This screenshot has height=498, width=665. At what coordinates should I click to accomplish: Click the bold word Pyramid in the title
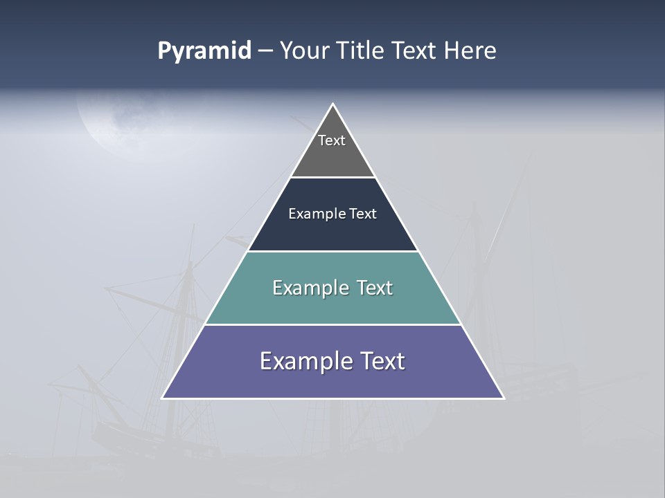[204, 51]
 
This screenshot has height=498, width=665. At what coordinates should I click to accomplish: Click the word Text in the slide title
[415, 51]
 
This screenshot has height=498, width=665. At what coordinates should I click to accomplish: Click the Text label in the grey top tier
[332, 140]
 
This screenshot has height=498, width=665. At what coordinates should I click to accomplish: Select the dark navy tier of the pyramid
[332, 232]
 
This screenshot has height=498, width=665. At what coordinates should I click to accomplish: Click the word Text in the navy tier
[363, 214]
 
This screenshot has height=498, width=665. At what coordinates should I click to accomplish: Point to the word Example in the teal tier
[310, 288]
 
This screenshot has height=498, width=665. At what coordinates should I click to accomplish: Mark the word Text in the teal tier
[375, 288]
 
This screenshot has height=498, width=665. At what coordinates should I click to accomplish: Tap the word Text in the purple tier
[380, 361]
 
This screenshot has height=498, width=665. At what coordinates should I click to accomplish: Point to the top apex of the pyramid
[332, 104]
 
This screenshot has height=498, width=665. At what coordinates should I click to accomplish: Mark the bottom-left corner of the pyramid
[163, 398]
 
